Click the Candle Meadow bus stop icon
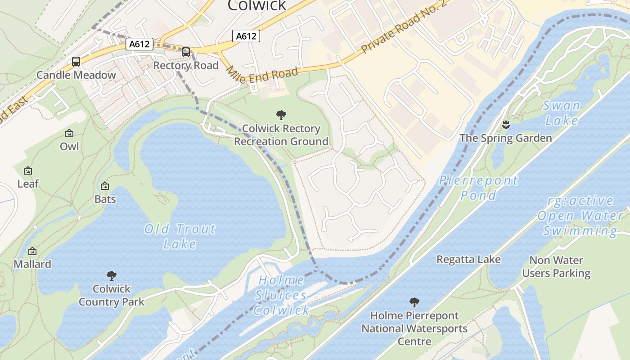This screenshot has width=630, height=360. point(76,62)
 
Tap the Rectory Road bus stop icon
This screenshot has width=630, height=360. point(186,52)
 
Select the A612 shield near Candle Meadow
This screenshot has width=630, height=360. point(140,44)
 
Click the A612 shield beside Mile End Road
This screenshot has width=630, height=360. point(246,36)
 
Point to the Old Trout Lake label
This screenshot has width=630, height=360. point(180,236)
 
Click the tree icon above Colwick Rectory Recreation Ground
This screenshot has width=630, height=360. point(281,115)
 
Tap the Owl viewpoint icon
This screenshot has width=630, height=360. point(69,133)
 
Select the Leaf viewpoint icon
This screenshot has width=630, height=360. point(28,171)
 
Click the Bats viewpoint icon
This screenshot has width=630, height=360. point(105,186)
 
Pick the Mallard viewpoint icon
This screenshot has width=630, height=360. point(32,251)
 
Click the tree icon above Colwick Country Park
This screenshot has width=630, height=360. point(112,275)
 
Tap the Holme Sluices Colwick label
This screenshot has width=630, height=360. point(281,295)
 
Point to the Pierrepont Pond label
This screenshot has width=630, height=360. point(479,188)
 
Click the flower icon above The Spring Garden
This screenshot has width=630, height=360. point(506,125)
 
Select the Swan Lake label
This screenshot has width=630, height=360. point(562,113)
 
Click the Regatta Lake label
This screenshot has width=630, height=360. point(468,260)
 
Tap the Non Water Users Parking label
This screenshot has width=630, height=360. point(556,266)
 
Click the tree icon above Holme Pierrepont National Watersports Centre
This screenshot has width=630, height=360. point(414,302)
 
